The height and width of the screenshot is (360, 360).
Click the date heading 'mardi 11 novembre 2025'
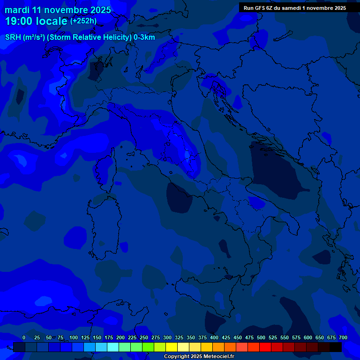coord(58,10)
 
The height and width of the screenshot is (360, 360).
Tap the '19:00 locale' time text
coord(37,21)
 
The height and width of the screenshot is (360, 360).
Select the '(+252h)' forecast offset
coord(83,21)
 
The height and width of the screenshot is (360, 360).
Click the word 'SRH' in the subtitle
coord(13,37)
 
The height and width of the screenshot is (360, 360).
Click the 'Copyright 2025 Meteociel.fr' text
coord(199,357)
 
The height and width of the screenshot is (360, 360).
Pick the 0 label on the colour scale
coord(24,337)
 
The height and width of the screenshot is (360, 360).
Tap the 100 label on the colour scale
coord(74,337)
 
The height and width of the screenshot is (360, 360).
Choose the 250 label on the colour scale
coord(144,337)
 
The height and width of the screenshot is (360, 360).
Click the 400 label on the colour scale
coord(214,337)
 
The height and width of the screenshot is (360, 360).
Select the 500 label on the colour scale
coord(261,337)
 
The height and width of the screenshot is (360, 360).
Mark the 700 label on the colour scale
coord(343,337)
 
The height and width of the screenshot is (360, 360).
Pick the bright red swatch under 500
coord(265,347)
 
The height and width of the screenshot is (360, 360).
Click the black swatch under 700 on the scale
coord(336,347)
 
